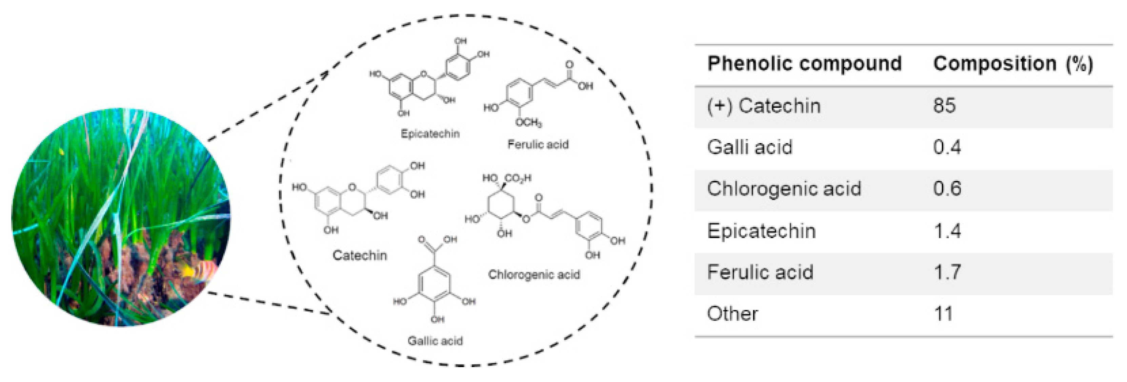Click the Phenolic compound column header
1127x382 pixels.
[804, 64]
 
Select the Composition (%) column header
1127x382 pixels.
[1012, 64]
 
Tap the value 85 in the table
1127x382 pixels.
[944, 106]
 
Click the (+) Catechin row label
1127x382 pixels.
[763, 106]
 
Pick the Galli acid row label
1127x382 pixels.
[749, 147]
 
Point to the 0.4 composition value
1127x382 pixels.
[947, 147]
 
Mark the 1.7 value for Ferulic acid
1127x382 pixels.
[947, 272]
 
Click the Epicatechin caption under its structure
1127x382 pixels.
[430, 134]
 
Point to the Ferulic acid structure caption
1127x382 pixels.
[538, 144]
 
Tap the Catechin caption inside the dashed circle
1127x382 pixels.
[359, 255]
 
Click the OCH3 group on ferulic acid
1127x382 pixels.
[528, 123]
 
